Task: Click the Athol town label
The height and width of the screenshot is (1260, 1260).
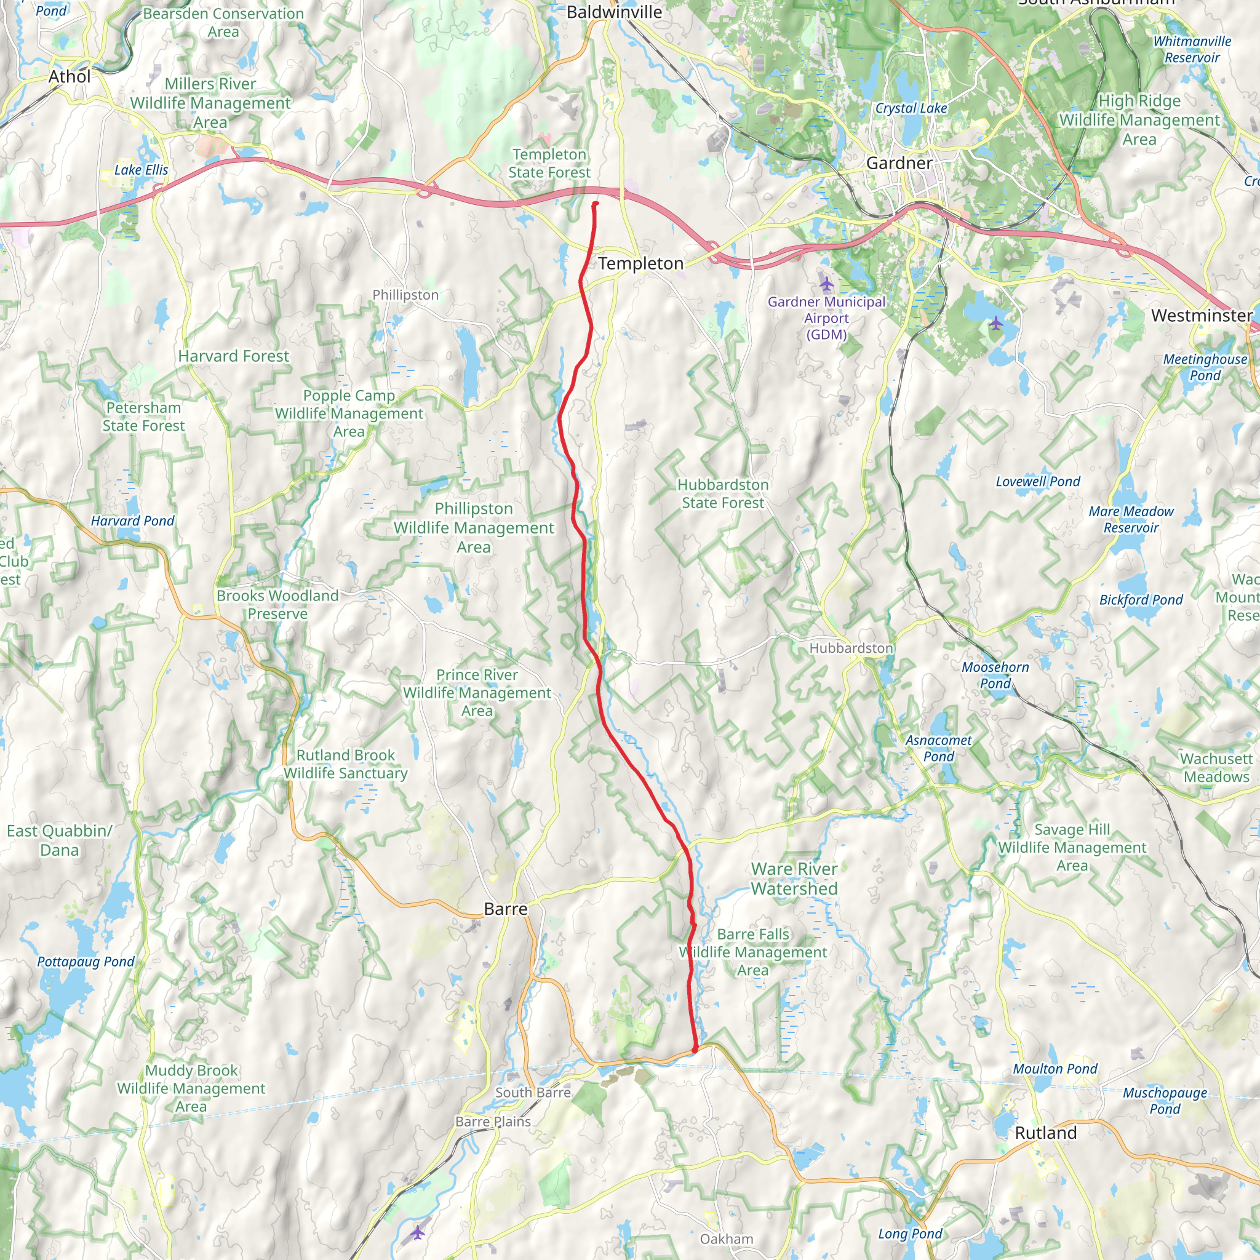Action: coord(69,76)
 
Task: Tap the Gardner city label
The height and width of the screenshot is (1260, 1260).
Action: coord(899,162)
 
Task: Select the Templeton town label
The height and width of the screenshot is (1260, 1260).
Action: coord(640,263)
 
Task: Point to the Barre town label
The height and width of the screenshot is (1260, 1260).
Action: coord(506,909)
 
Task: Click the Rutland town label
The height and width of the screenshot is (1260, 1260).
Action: coord(1045,1132)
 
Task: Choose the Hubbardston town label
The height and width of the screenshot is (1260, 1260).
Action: coord(851,648)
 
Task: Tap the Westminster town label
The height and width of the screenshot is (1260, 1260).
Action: coord(1202,316)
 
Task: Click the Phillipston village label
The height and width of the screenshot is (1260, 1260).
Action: coord(405,295)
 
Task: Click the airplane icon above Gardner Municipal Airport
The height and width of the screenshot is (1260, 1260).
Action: coord(826,284)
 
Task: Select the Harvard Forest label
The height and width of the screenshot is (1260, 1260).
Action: coord(233,356)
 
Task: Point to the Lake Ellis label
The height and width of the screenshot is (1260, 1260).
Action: coord(141,170)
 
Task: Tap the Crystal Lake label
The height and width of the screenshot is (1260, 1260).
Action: coord(911,108)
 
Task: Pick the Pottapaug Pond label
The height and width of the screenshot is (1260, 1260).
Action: coord(86,962)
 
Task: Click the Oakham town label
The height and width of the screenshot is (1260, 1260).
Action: coord(726,1238)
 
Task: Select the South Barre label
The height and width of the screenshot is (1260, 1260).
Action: coord(532,1092)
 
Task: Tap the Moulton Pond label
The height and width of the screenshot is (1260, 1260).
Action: coord(1055,1069)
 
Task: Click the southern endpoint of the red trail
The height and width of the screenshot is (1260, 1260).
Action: coord(695,1049)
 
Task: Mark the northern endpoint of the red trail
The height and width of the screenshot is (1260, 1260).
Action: coord(595,205)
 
